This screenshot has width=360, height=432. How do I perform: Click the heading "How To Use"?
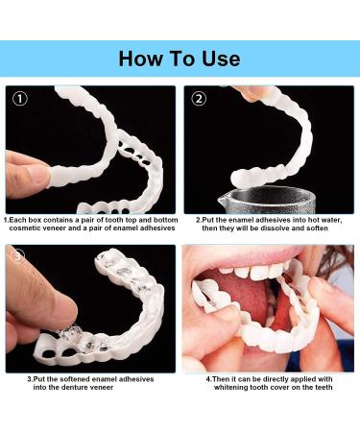click(x=180, y=59)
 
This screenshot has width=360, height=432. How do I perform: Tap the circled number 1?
click(x=20, y=99)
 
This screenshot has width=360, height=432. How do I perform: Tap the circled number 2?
click(x=199, y=99)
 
